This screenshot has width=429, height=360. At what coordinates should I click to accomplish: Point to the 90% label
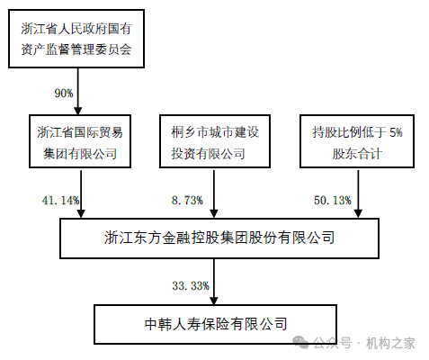[64, 94]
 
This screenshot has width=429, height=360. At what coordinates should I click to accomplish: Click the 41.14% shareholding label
[61, 200]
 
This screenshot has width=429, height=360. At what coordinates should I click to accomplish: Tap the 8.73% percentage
[187, 200]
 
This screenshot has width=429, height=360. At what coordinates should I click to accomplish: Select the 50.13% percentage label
[333, 200]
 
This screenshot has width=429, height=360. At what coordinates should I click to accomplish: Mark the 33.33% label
[191, 285]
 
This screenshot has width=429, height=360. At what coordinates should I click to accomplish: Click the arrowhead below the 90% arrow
[78, 111]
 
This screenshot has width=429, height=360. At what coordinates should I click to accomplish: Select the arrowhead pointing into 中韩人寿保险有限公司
[214, 301]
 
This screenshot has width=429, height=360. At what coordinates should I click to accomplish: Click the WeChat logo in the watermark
[300, 342]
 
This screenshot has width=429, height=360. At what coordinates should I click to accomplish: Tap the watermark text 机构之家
[390, 343]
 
